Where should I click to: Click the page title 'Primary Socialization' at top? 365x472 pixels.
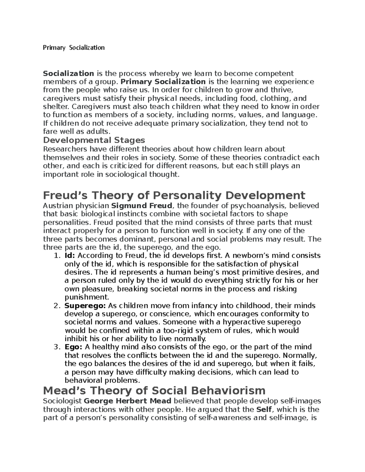[x=74, y=47]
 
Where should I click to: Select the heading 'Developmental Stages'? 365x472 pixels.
[x=94, y=140]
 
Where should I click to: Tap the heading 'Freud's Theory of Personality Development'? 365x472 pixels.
[x=174, y=195]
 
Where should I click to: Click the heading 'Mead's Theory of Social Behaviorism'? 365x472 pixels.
[x=154, y=390]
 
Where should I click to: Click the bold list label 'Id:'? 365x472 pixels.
[x=70, y=256]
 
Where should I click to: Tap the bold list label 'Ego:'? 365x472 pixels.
[x=73, y=347]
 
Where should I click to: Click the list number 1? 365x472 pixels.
[x=56, y=256]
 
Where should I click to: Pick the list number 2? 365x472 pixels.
[x=56, y=305]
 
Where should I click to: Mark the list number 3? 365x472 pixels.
[x=56, y=347]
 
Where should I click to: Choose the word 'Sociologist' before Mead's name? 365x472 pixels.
[x=62, y=401]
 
